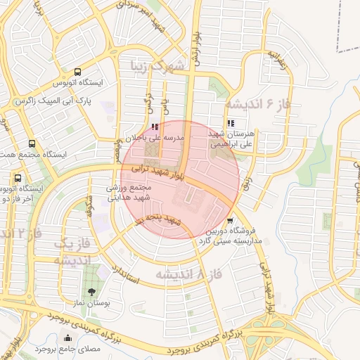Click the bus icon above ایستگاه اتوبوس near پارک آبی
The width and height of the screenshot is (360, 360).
tap(77, 72)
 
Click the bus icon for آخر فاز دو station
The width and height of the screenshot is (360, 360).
tap(18, 178)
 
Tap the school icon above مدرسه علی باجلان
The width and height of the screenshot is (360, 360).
tap(155, 127)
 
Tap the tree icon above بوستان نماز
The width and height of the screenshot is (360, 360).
tap(91, 292)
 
